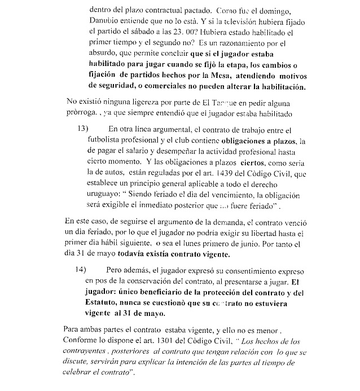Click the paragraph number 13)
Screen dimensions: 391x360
pyautogui.click(x=82, y=129)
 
